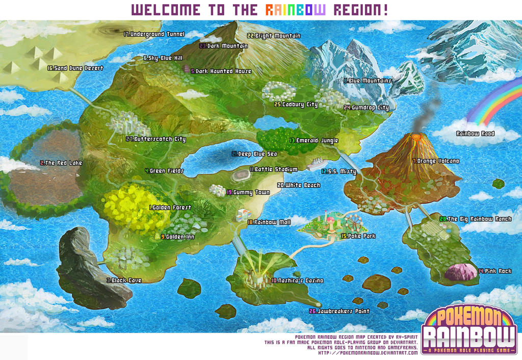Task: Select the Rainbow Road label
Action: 482,134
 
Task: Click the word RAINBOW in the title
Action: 295,10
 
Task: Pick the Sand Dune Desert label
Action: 75,68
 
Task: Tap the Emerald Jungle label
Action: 314,140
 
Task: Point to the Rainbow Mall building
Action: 242,215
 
